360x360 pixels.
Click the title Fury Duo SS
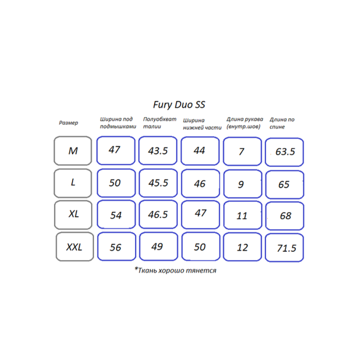click(179, 105)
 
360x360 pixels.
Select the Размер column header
click(68, 123)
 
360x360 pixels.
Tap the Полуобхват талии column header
click(159, 123)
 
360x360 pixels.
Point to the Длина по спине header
click(282, 123)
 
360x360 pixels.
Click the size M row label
click(73, 151)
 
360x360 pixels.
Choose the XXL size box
click(75, 247)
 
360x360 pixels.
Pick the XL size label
click(73, 215)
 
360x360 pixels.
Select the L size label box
click(73, 183)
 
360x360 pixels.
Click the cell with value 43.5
click(158, 150)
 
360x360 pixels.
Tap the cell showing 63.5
click(284, 152)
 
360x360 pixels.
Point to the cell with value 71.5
click(284, 248)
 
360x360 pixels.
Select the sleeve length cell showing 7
click(242, 151)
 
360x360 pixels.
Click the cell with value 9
click(243, 184)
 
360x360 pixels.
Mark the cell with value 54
click(116, 215)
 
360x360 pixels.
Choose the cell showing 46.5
click(158, 215)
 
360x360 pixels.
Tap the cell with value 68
click(285, 216)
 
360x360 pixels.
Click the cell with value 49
click(158, 247)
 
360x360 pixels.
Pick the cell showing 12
click(242, 247)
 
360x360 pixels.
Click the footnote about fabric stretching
click(175, 270)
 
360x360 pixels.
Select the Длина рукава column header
click(245, 123)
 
